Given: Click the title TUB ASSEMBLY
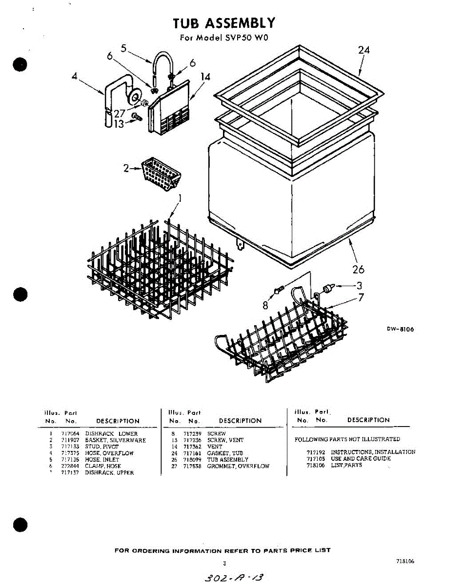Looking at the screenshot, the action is tap(224, 23).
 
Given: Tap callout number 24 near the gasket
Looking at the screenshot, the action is tap(364, 50).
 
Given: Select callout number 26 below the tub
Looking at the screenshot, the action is tap(358, 269).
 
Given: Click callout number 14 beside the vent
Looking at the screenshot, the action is tap(205, 77).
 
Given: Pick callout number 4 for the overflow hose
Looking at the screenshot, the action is tap(75, 77).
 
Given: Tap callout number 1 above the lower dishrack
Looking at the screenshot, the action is tap(180, 198).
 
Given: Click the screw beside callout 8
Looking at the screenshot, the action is tap(279, 291).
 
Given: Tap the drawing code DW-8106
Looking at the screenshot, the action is tap(400, 329).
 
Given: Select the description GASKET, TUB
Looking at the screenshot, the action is tap(225, 453).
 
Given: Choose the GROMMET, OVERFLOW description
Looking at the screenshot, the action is tap(238, 466).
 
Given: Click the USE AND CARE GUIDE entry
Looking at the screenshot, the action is tap(361, 459).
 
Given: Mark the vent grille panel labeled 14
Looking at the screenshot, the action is tap(168, 110).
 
